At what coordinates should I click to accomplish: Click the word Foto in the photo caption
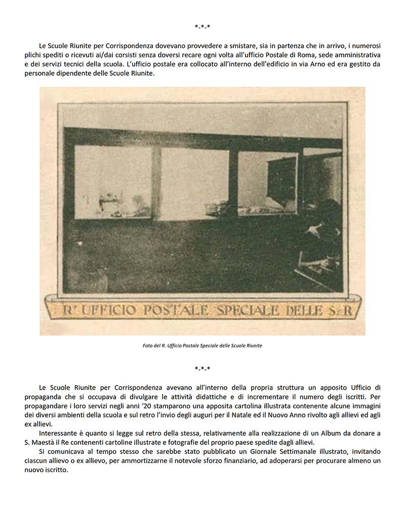pos(147,346)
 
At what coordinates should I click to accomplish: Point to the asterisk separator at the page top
pos(202,26)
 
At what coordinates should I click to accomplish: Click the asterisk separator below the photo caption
pos(202,368)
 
